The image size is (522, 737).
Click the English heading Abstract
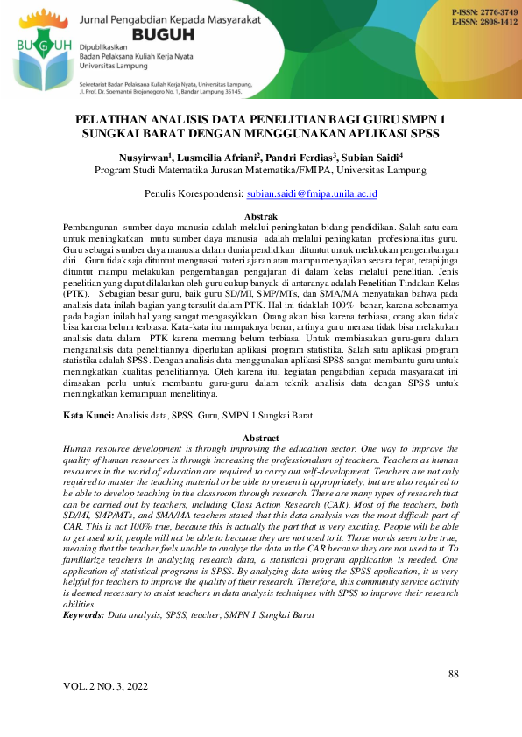coord(260,438)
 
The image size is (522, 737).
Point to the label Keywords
coord(84,616)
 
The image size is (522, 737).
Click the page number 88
coord(453,674)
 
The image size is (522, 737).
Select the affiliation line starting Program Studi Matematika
coord(260,171)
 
